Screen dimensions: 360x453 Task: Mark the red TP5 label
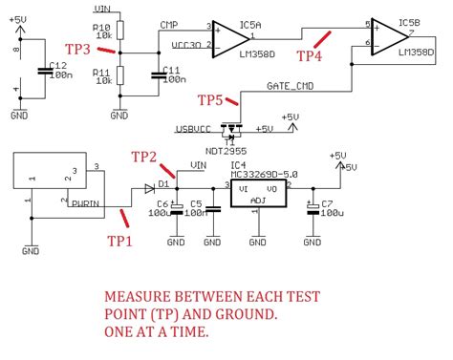212,99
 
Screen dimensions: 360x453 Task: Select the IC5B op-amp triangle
388,35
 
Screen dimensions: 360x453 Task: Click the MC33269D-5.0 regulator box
258,195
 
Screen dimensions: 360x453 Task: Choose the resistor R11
119,75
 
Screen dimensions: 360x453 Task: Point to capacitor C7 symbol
312,207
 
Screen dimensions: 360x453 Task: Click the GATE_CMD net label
289,87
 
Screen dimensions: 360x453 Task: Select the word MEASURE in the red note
140,296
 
